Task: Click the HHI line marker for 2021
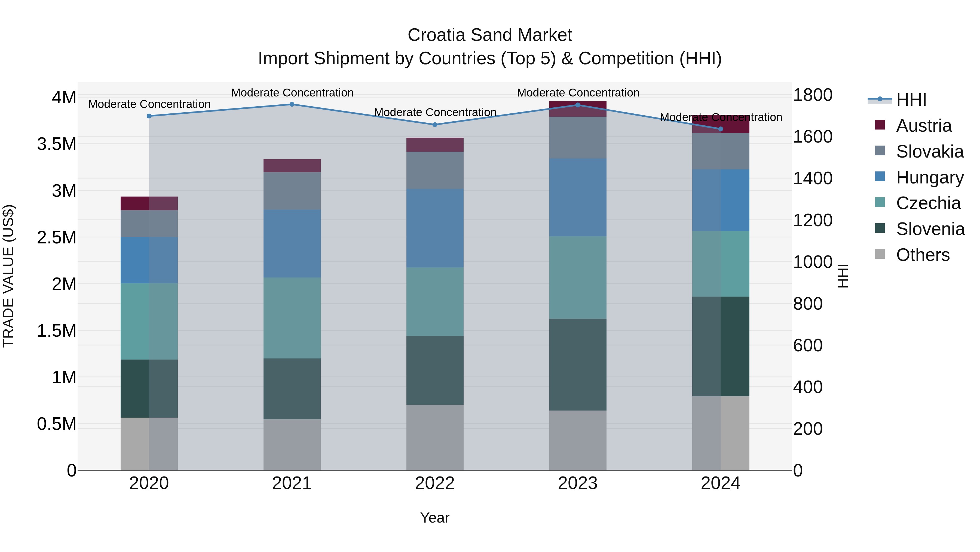(x=292, y=104)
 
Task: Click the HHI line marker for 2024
(x=721, y=129)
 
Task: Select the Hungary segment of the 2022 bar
(x=435, y=228)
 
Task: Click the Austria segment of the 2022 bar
(x=435, y=145)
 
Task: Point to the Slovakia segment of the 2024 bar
(x=721, y=151)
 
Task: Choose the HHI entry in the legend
(x=911, y=100)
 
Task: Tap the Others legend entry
(x=923, y=255)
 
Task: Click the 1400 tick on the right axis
(x=813, y=178)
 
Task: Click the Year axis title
(x=434, y=518)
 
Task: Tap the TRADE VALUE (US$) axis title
(x=8, y=276)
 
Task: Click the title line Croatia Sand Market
(x=490, y=35)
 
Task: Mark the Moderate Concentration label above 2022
(x=435, y=112)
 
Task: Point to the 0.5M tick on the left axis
(x=57, y=424)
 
